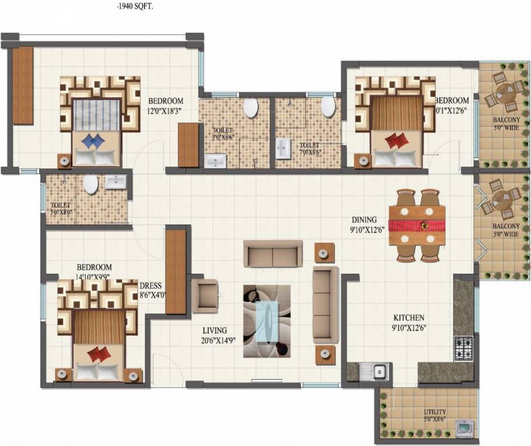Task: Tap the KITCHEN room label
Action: click(x=409, y=318)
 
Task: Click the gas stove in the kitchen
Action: click(x=463, y=347)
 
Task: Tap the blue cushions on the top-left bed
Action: click(x=96, y=140)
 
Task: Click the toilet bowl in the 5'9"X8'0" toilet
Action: click(x=91, y=185)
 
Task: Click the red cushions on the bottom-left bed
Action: click(x=99, y=354)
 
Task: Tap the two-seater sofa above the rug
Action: click(x=272, y=253)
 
